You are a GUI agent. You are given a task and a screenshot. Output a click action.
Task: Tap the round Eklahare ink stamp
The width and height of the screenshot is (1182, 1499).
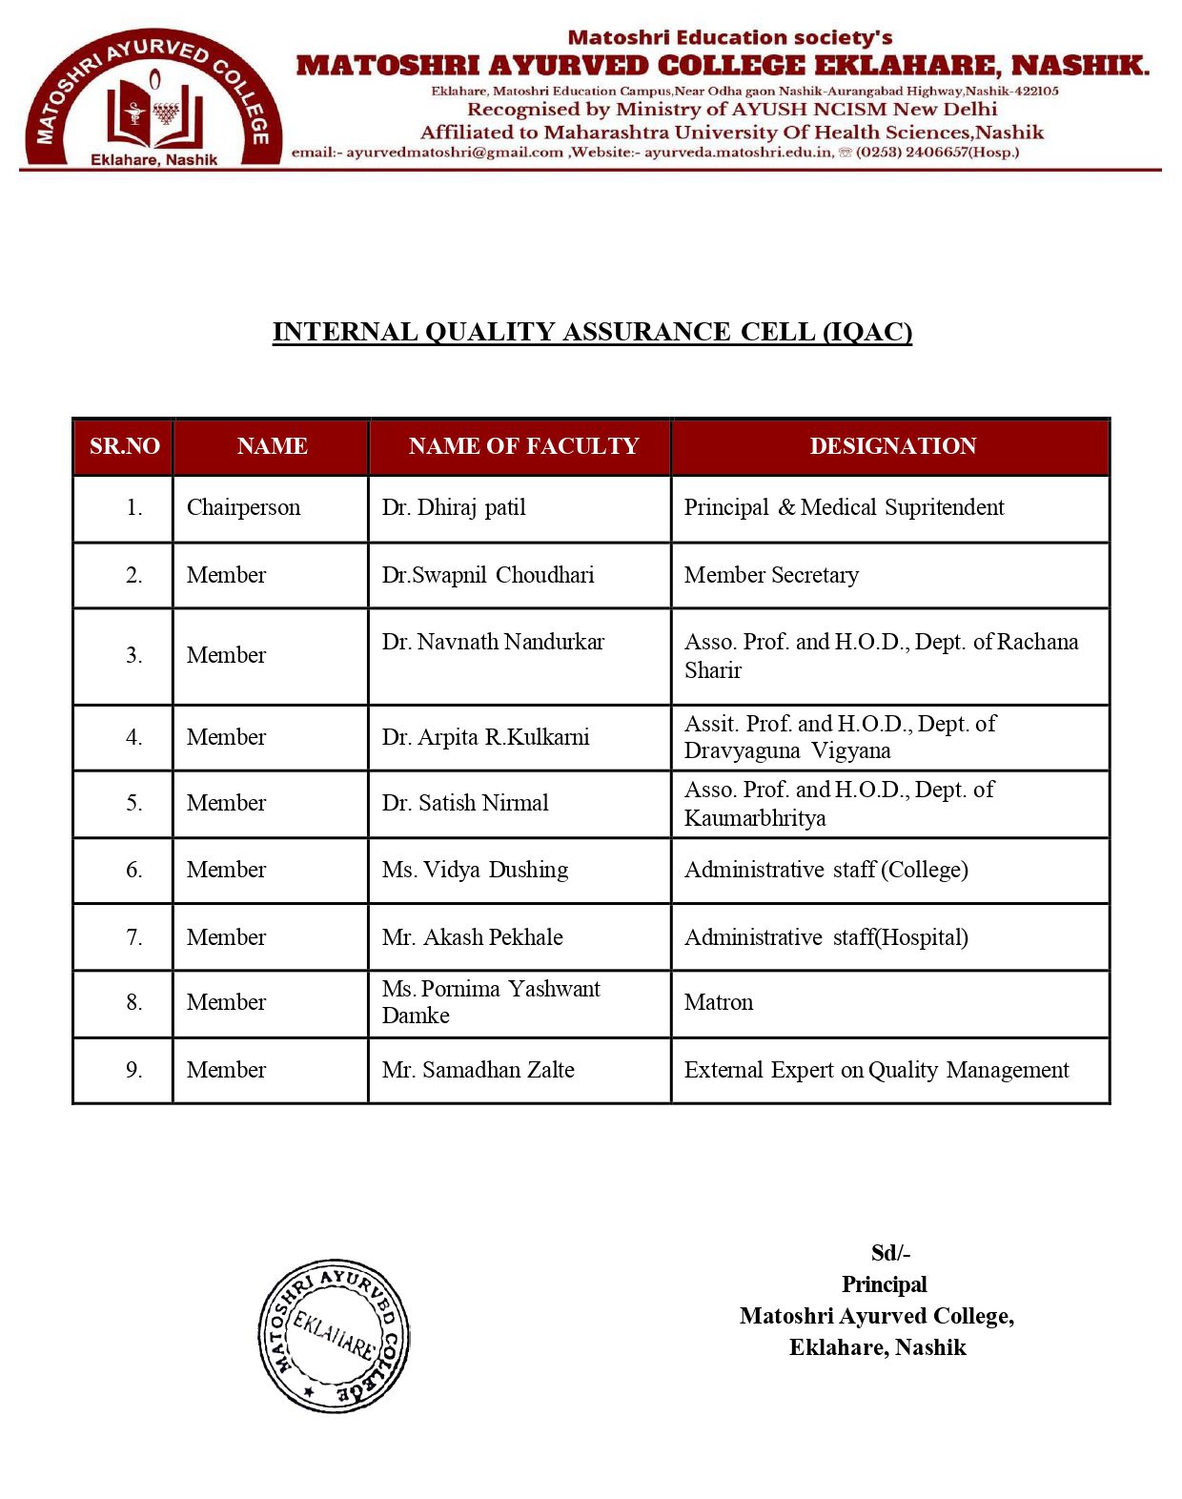[x=334, y=1335]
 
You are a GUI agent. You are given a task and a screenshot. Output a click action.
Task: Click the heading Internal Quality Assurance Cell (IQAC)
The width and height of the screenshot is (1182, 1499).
[x=592, y=332]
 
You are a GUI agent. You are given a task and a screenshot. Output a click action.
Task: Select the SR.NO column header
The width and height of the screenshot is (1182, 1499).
[x=124, y=446]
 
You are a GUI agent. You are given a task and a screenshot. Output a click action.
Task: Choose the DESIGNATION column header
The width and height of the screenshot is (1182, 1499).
[x=892, y=446]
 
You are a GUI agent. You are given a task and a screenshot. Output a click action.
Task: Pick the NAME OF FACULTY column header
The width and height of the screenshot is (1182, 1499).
[x=522, y=446]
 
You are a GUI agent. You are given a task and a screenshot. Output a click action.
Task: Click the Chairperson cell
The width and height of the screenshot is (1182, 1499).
[x=243, y=507]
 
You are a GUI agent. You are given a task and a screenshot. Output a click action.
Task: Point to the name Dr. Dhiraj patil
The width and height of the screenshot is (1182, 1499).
[x=454, y=507]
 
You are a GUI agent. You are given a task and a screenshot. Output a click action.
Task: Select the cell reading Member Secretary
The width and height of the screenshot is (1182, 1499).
[x=771, y=575]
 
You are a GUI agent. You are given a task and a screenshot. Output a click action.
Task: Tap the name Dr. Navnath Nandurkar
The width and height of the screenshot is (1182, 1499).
[x=493, y=642]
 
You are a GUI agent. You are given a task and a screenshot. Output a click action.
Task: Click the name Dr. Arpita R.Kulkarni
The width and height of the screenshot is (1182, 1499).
[x=485, y=737]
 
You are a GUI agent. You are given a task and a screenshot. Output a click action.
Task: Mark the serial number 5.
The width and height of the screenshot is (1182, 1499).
[x=133, y=803]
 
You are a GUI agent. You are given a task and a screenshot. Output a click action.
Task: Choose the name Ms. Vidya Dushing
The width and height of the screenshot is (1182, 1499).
[x=475, y=870]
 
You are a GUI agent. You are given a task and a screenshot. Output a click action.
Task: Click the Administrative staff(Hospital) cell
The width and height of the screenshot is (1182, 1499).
[x=825, y=937]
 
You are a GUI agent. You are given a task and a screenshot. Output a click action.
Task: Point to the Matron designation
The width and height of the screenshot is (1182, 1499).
[x=719, y=1002]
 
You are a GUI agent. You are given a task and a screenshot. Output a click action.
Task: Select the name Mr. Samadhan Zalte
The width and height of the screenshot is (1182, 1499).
[x=478, y=1070]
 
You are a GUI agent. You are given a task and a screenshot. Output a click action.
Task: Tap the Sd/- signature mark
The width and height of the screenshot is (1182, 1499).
[x=890, y=1253]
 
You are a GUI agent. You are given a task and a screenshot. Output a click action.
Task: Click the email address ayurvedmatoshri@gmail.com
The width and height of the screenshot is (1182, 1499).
[x=455, y=153]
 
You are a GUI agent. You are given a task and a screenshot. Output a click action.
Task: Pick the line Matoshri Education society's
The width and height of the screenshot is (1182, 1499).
[x=729, y=38]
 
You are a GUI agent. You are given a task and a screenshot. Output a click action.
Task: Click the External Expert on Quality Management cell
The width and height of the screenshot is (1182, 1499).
[x=876, y=1070]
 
